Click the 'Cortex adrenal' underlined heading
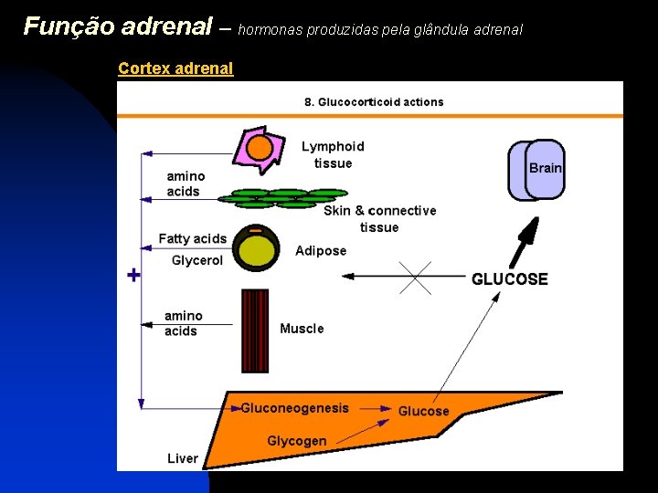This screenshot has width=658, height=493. [x=175, y=68]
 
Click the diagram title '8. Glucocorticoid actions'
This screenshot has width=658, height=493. [x=374, y=101]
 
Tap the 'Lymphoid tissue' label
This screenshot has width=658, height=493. [x=333, y=154]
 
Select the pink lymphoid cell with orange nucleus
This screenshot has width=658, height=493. [x=260, y=150]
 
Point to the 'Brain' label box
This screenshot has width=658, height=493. [x=544, y=169]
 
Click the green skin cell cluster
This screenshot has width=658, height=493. [x=288, y=198]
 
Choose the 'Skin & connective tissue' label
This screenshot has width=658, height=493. [x=379, y=218]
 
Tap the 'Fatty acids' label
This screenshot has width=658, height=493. [x=192, y=238]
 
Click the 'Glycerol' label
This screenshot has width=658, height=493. [x=197, y=260]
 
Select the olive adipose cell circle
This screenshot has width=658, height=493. [x=256, y=247]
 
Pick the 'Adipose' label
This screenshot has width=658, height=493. [x=321, y=250]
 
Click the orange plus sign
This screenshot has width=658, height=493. [x=133, y=274]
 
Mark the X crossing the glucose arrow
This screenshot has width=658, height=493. [x=415, y=277]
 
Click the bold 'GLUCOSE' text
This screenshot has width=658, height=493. [x=510, y=279]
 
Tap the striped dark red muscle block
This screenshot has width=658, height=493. [x=255, y=330]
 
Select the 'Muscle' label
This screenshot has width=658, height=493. [x=302, y=329]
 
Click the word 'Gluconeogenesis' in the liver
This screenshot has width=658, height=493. [x=294, y=408]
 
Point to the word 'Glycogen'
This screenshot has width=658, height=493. [x=296, y=441]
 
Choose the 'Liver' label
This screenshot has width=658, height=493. [x=183, y=458]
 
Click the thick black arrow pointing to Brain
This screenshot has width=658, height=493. [x=526, y=240]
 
